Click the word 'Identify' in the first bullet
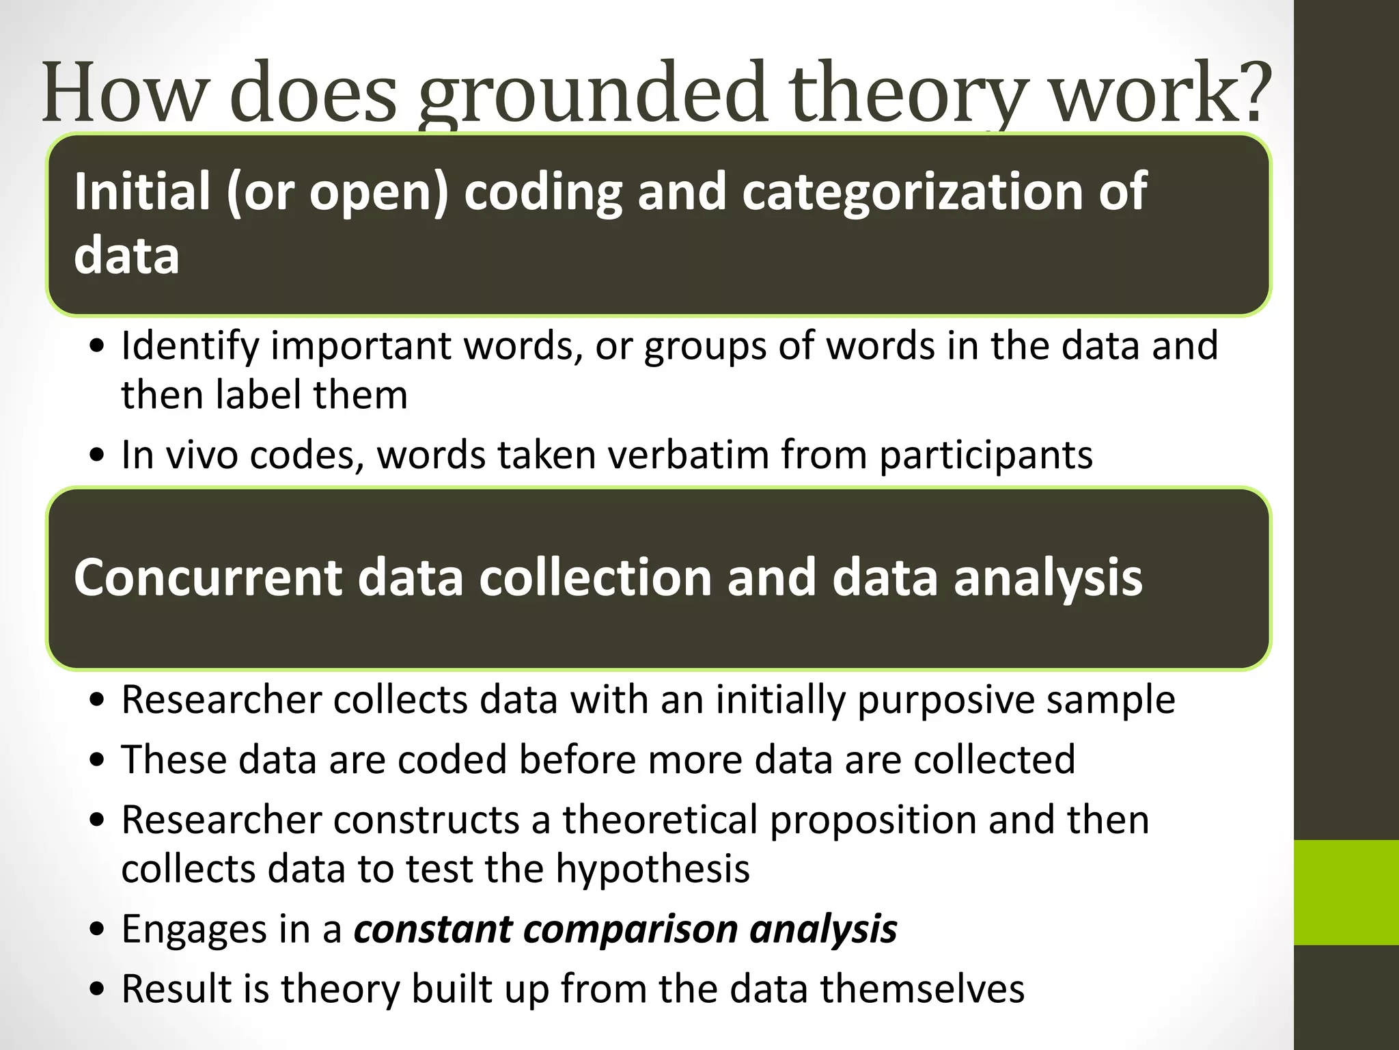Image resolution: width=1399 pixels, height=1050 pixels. tap(190, 346)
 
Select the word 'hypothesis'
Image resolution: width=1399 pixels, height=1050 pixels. tap(652, 870)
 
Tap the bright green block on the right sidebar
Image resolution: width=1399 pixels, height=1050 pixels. tap(1346, 892)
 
